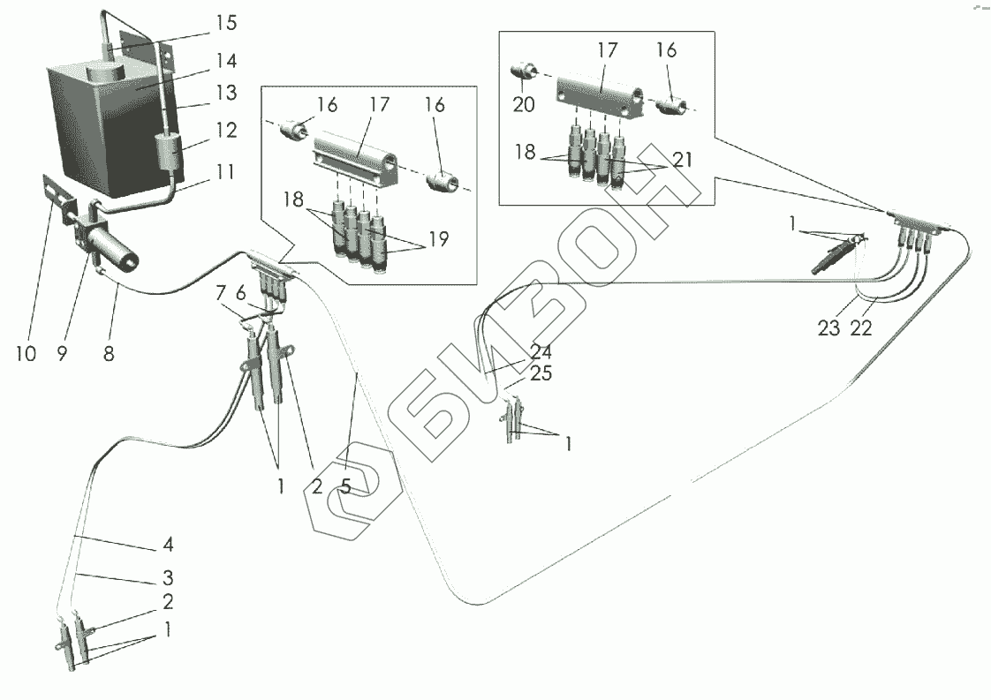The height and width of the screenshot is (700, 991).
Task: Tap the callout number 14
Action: pyautogui.click(x=225, y=62)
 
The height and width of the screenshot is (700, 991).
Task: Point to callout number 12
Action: pyautogui.click(x=226, y=130)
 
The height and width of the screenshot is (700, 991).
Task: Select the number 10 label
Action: pyautogui.click(x=26, y=354)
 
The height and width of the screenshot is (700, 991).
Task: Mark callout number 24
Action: pyautogui.click(x=541, y=352)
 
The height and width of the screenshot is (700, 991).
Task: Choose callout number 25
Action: pyautogui.click(x=541, y=374)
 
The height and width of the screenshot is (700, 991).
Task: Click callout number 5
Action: pyautogui.click(x=346, y=486)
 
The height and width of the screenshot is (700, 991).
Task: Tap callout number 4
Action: pyautogui.click(x=168, y=545)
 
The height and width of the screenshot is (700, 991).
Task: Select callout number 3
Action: pyautogui.click(x=168, y=578)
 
